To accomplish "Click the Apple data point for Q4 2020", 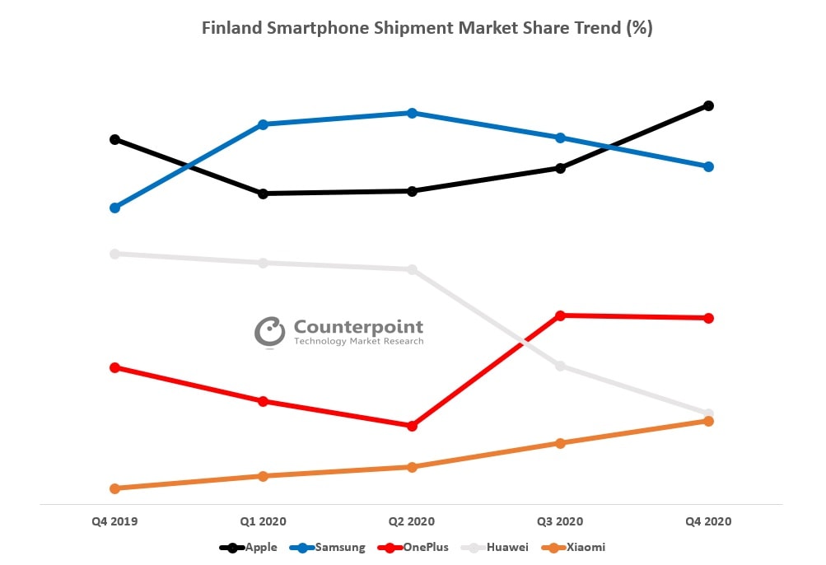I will (x=708, y=105).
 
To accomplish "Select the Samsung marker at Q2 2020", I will (x=412, y=113).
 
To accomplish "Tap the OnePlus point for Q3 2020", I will (x=560, y=315).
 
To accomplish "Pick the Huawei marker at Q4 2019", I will (x=115, y=254).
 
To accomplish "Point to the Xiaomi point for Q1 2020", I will (x=264, y=476).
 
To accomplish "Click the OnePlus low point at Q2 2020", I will (x=412, y=426).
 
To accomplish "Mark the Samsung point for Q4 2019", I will (x=115, y=208).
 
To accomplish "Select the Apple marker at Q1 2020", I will (x=264, y=194).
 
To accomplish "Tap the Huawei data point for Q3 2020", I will (x=560, y=366).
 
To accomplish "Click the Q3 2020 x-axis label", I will (x=560, y=521).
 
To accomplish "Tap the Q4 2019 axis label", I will (x=115, y=521).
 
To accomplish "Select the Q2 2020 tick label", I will (x=412, y=521).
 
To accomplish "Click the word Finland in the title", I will (x=233, y=28).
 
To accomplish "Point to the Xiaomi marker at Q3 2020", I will (x=560, y=443).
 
